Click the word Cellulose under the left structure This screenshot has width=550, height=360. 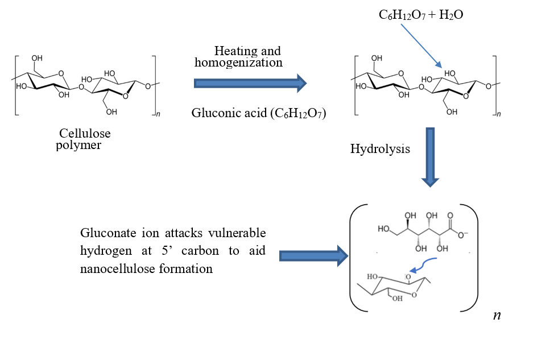click(x=85, y=134)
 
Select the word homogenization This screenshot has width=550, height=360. click(x=238, y=63)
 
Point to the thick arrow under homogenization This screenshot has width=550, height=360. click(x=250, y=84)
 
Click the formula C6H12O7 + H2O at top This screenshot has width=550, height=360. click(x=421, y=15)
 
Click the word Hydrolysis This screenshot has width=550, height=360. click(x=380, y=150)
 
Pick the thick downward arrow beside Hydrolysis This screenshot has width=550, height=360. click(x=431, y=156)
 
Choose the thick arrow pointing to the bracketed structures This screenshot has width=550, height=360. click(x=312, y=256)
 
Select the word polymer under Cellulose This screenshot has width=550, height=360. click(x=80, y=146)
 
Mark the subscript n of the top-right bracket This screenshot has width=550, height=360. click(x=499, y=115)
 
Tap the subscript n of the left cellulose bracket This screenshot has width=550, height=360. click(x=158, y=115)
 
